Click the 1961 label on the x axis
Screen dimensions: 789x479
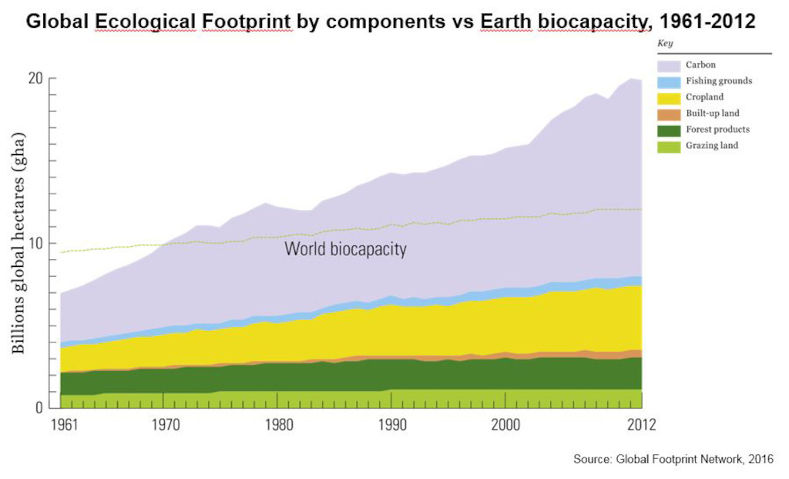[65, 425]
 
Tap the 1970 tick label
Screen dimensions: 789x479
[166, 425]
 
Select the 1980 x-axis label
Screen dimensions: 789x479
[279, 425]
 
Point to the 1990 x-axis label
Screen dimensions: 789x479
[392, 425]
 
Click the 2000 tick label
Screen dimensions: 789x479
[505, 425]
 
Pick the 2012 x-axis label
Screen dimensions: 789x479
[642, 425]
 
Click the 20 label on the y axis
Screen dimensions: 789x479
[35, 79]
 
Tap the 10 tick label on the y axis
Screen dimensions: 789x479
[35, 243]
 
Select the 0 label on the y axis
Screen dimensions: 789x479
[39, 407]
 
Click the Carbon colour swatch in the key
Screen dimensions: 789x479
[669, 66]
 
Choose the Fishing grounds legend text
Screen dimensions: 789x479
[719, 80]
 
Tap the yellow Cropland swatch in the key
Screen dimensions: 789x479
[669, 98]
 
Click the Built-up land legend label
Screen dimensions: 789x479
[713, 113]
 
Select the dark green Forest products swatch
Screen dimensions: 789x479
[669, 130]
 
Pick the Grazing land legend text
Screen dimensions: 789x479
[711, 146]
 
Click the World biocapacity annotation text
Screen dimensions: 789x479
[345, 249]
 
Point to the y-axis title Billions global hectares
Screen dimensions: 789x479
[18, 243]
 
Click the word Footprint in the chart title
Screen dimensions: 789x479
[246, 22]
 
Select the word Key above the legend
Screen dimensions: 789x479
[665, 43]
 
